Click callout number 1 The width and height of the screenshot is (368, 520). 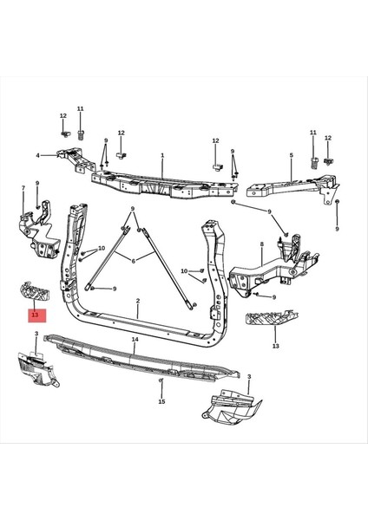[162, 156]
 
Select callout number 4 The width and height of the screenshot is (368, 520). [37, 156]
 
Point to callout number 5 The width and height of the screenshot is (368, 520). [291, 156]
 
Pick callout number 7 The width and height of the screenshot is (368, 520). [23, 188]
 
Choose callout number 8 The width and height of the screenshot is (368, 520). [261, 245]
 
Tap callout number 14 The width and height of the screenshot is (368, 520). [135, 341]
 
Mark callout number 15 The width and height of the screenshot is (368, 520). [161, 402]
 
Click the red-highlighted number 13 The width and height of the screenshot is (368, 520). [35, 315]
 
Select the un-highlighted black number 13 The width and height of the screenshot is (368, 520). [275, 345]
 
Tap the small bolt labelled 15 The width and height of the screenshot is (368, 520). [161, 381]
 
